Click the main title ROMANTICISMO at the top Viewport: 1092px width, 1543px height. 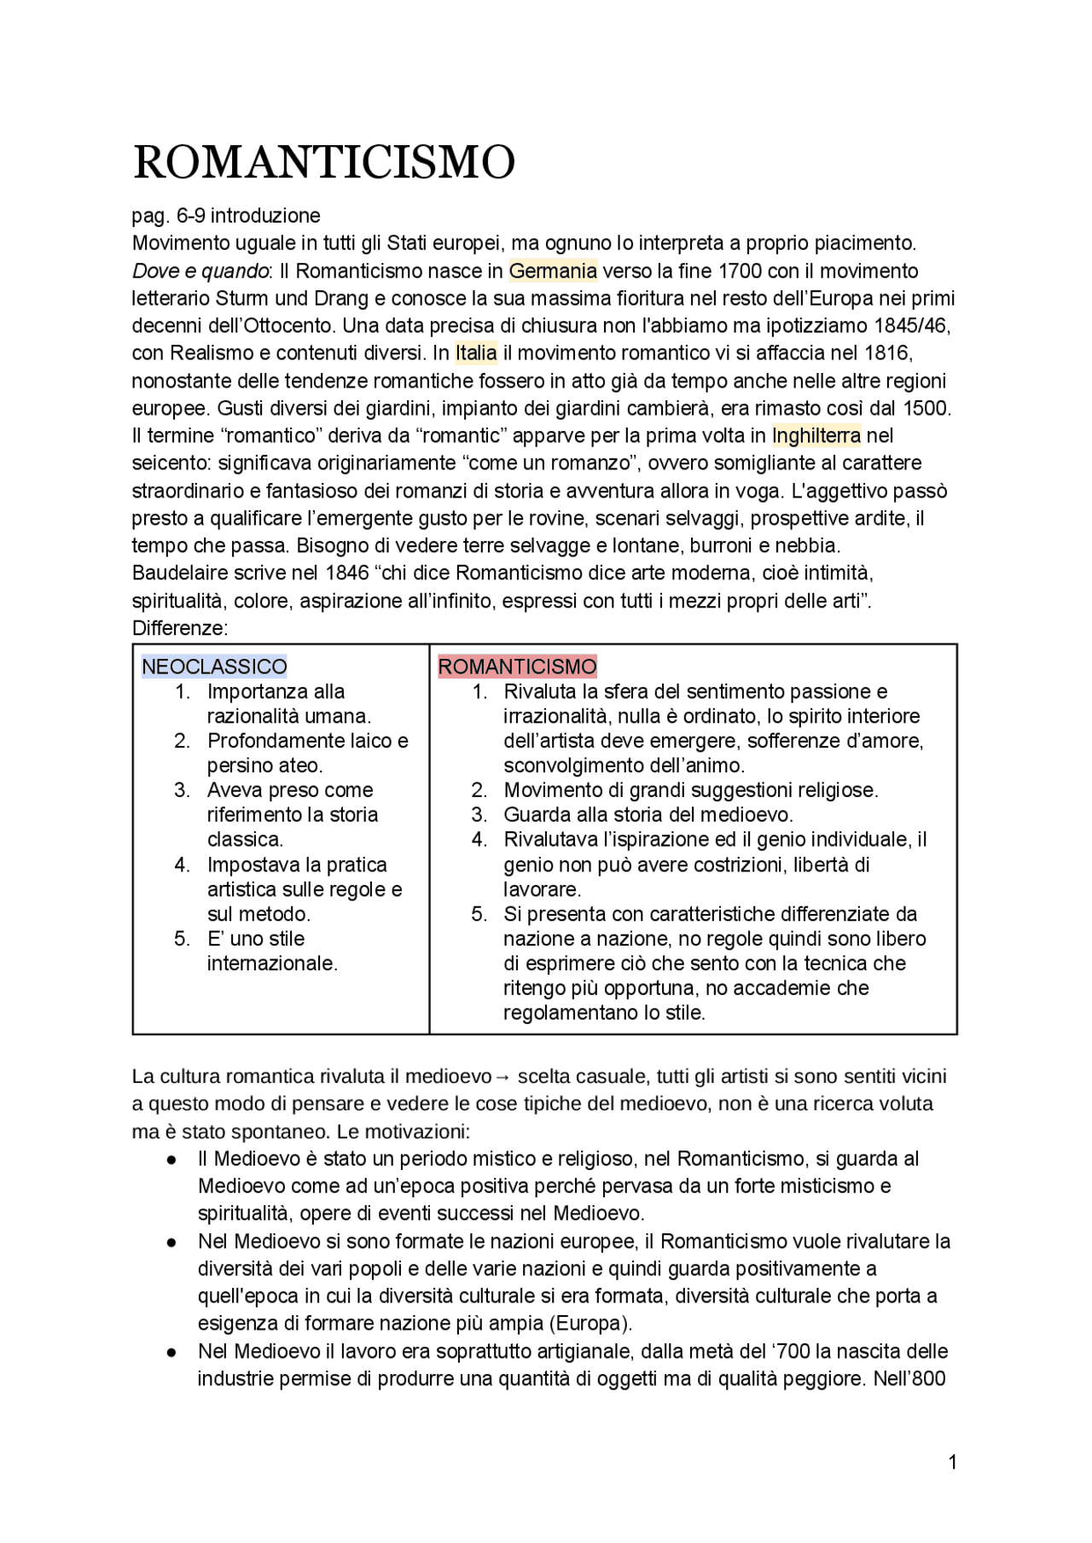(324, 162)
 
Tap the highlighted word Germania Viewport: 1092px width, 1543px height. (553, 271)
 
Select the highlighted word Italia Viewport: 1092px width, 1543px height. (476, 353)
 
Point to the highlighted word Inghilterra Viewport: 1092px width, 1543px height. (816, 436)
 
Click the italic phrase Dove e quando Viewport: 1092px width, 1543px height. (200, 271)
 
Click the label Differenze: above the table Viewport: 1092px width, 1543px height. (180, 628)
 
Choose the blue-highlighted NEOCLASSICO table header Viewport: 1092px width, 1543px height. (214, 667)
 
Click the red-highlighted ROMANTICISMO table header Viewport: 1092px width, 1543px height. (517, 667)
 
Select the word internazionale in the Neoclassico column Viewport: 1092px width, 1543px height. (271, 964)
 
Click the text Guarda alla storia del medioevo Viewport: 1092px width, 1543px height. (648, 815)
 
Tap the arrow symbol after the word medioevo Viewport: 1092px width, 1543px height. (503, 1077)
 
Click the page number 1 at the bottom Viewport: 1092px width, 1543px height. (952, 1463)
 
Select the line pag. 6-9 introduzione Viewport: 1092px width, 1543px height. (226, 216)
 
